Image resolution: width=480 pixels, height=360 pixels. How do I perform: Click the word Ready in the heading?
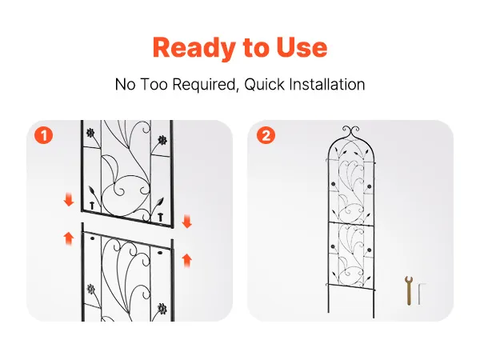point(194,48)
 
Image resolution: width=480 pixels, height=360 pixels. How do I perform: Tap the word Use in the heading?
point(302,47)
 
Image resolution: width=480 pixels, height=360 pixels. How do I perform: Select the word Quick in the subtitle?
point(265,85)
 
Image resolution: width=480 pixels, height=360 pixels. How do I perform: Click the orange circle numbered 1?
point(43,135)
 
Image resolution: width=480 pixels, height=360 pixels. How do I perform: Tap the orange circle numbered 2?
point(266,135)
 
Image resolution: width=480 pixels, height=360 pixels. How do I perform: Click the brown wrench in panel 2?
point(409,290)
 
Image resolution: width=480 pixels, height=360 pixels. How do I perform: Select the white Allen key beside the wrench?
point(420,294)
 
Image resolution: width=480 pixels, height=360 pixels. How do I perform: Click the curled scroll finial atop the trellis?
point(351,132)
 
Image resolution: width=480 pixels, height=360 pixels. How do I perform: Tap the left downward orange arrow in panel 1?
point(69,199)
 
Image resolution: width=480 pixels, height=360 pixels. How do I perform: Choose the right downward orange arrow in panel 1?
point(186,222)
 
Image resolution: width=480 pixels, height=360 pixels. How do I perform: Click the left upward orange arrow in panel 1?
point(69,238)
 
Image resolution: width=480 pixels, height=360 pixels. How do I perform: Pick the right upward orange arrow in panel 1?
point(186,261)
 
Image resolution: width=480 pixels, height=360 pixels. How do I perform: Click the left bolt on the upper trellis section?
point(92,206)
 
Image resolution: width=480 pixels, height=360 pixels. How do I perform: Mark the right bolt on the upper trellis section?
point(160,217)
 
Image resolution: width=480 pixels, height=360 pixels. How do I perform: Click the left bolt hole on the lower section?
point(93,238)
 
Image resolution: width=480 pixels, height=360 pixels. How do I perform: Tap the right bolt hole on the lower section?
point(160,253)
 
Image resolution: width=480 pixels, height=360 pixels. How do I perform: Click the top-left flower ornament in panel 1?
point(90,133)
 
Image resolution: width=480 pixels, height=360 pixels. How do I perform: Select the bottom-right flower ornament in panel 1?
point(162,309)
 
